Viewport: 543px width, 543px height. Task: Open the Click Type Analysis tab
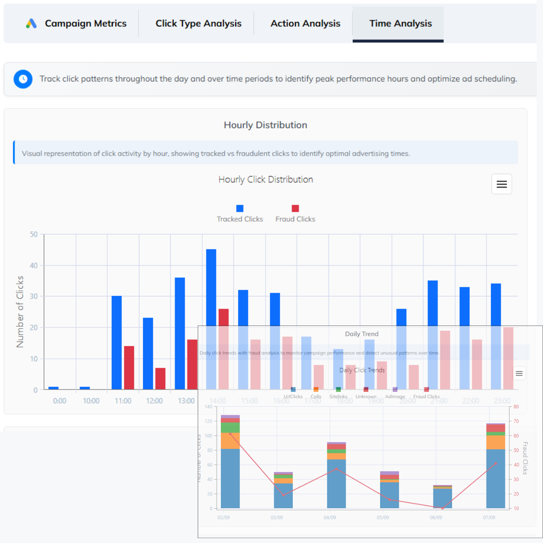198,24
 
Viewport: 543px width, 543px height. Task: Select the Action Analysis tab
305,24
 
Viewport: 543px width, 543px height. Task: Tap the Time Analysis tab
400,24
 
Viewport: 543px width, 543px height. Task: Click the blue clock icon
23,79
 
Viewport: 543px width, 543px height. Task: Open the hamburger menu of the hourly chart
501,184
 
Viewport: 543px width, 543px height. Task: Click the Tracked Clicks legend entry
240,214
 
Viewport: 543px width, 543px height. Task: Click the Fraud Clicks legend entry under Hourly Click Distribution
295,214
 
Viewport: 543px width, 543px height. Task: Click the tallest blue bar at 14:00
211,290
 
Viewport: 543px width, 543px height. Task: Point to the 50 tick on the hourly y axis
34,234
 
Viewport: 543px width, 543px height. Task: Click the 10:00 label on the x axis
91,401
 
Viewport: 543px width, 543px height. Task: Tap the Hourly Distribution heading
265,125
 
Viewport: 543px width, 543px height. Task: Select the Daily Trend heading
362,334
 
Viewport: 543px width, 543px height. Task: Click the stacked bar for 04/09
336,475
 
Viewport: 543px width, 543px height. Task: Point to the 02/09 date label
224,517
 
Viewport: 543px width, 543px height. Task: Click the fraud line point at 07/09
496,463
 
